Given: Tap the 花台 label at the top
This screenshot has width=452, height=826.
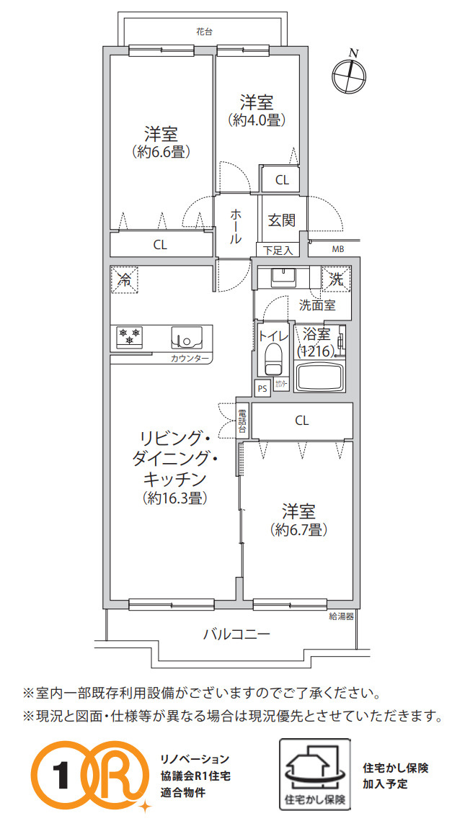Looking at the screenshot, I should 204,32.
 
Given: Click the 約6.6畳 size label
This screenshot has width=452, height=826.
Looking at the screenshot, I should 160,152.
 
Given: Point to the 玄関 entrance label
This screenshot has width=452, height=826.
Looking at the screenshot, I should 281,220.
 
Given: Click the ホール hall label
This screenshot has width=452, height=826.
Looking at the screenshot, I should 236,226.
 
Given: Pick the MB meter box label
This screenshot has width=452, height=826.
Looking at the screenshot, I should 338,250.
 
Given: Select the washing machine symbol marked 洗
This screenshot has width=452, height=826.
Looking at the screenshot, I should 337,277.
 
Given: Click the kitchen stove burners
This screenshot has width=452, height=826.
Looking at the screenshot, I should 130,336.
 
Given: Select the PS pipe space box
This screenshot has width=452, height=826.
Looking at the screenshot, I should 262,387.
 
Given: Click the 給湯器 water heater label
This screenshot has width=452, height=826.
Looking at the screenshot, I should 340,616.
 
